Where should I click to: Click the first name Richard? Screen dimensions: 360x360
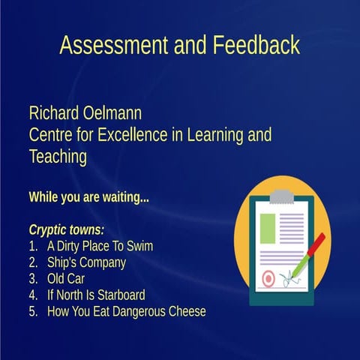click(x=55, y=114)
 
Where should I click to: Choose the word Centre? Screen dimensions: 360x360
click(x=53, y=136)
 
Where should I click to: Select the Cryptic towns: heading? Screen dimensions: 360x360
click(x=66, y=229)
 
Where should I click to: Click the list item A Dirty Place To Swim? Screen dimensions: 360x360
click(x=100, y=245)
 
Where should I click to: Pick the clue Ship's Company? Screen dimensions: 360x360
click(x=86, y=262)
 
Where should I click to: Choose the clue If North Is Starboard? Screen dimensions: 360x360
click(x=96, y=295)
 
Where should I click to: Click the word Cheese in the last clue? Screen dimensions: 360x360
click(x=185, y=311)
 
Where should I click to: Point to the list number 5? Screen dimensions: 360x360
click(x=32, y=311)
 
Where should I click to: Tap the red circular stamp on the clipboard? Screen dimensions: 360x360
click(x=268, y=279)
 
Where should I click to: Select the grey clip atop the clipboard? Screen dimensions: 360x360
click(x=282, y=196)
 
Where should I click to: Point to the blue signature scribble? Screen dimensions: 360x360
click(x=290, y=280)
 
